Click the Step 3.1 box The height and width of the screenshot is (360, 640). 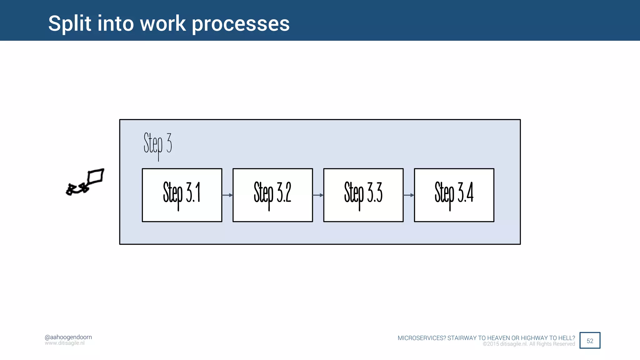[182, 195]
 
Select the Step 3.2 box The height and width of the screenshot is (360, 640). [272, 195]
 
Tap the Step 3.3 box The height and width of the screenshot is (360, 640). [363, 195]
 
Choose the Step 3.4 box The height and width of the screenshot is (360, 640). [454, 195]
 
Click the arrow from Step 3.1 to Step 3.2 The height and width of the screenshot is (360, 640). [227, 195]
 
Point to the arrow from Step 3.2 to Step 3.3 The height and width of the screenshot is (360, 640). [318, 195]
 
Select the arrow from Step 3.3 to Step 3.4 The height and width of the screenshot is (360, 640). [408, 195]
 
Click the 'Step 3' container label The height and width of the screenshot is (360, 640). [158, 144]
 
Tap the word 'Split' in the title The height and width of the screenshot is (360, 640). [70, 23]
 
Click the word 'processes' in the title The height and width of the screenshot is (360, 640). [241, 24]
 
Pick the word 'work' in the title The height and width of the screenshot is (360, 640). [163, 23]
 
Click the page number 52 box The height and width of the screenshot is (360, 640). [590, 340]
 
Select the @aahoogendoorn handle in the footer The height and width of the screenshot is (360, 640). [68, 337]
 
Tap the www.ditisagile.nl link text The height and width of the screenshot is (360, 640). [64, 343]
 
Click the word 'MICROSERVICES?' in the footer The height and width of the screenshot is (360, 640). [422, 338]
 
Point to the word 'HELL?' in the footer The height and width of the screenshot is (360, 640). [567, 338]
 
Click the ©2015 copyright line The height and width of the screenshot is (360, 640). [529, 344]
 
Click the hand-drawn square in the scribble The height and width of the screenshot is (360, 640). [96, 176]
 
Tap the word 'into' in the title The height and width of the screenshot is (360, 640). [116, 23]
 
